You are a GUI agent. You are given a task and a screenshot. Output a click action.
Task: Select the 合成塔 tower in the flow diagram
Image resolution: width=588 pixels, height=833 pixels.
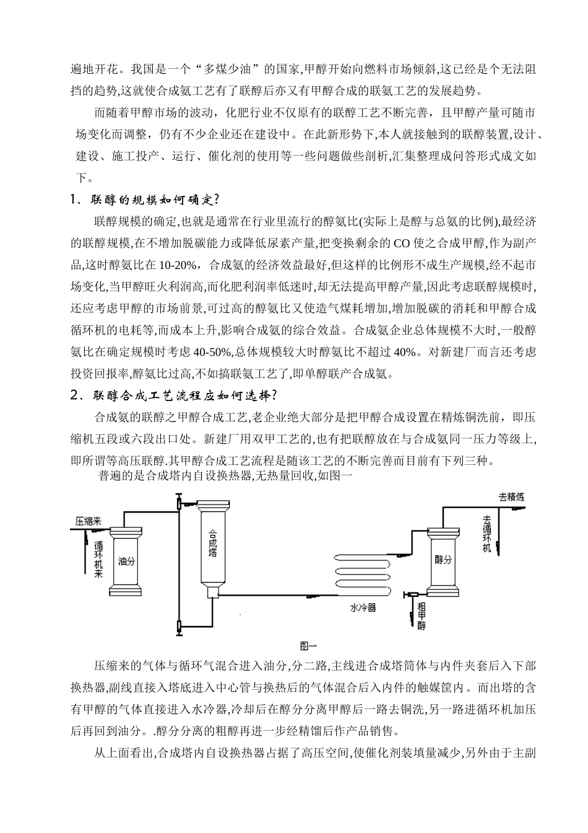coord(212,542)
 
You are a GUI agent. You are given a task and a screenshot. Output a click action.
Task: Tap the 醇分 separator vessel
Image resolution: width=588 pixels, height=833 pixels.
coord(443,559)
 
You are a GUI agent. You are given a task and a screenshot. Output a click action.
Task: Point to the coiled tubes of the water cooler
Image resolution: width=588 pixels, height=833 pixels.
coord(364,571)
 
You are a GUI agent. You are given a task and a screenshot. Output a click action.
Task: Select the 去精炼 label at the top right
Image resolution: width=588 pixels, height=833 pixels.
coord(512,496)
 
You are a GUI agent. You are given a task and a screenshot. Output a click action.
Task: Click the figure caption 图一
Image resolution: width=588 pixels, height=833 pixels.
coord(308,645)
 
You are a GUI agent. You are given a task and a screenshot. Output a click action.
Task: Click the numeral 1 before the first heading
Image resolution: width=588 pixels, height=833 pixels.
coord(74,200)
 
